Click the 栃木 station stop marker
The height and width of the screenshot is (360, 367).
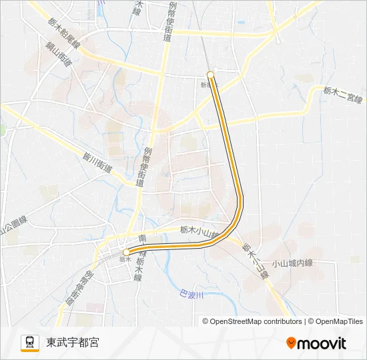126,252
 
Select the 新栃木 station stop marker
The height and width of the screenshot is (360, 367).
211,75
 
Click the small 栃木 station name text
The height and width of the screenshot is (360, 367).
125,259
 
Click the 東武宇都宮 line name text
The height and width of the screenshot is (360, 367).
73,343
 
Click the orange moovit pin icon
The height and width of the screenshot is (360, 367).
291,343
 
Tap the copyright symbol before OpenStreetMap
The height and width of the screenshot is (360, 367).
206,321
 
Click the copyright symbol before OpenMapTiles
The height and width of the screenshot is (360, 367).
310,321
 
